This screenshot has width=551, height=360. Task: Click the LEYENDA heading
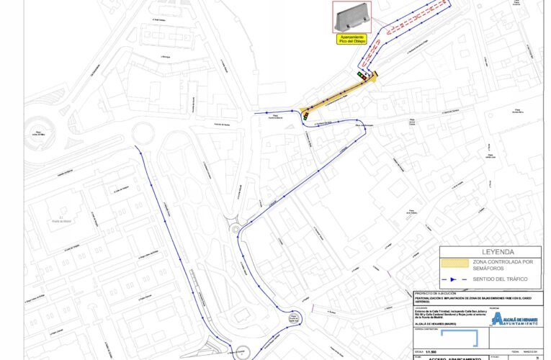[489, 253]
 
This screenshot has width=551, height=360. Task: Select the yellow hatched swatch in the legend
[460, 264]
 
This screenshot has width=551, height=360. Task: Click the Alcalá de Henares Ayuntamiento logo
[514, 318]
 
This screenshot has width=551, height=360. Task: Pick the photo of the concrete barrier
[351, 17]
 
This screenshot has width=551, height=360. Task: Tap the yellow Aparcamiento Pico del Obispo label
[351, 39]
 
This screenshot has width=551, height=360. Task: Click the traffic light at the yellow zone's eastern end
[361, 74]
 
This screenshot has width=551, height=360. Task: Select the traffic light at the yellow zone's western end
[306, 114]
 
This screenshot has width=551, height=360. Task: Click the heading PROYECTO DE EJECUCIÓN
[436, 294]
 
